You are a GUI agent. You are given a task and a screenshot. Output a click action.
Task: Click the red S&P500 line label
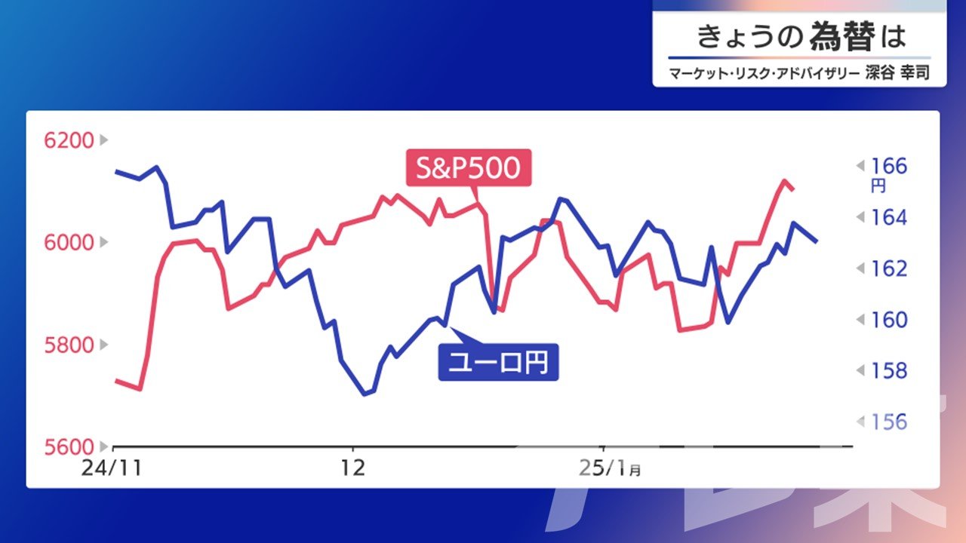[x=469, y=167]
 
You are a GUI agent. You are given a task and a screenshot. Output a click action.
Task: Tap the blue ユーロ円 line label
[x=499, y=363]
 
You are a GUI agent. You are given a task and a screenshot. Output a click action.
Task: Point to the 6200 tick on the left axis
[x=69, y=140]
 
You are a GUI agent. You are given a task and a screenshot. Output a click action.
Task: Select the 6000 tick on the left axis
[x=69, y=243]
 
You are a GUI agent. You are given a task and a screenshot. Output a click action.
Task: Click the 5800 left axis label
[x=69, y=345]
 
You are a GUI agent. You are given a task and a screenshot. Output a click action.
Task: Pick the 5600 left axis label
[x=69, y=447]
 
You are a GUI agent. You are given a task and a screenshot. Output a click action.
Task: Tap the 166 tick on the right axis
[x=889, y=167]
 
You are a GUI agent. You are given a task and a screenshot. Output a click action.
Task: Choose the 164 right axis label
[x=889, y=218]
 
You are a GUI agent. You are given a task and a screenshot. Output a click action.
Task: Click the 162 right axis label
[x=889, y=269]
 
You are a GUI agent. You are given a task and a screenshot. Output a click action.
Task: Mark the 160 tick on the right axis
[x=889, y=320]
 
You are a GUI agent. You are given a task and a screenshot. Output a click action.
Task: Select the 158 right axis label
[x=889, y=370]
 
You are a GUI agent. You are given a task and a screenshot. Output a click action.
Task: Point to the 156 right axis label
[x=889, y=422]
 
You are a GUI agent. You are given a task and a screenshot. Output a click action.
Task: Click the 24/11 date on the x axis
[x=112, y=468]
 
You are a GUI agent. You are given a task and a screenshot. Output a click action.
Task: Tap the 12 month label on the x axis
[x=352, y=468]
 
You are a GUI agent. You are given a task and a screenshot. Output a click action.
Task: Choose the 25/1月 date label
[x=609, y=468]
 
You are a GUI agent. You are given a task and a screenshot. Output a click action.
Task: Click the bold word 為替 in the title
[x=842, y=36]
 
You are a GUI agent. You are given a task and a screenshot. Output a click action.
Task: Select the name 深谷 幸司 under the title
[x=897, y=73]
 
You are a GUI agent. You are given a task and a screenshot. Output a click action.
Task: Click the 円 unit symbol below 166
[x=878, y=186]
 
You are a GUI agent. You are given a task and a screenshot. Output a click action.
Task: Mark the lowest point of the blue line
[x=365, y=394]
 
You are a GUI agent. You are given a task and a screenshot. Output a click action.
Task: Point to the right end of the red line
[x=793, y=189]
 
